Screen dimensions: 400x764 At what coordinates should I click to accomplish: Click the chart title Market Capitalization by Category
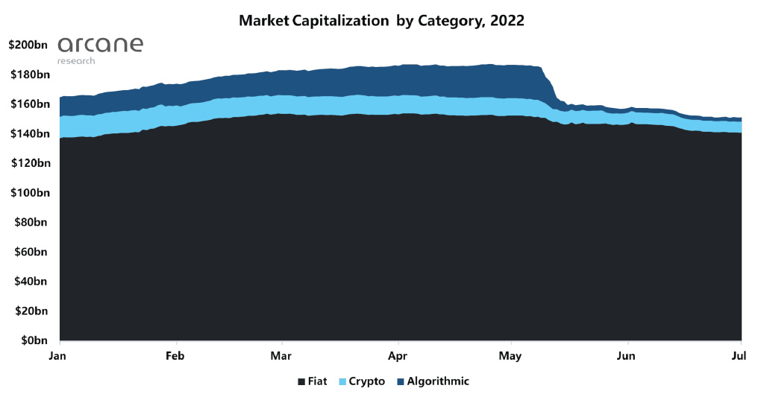tap(381, 21)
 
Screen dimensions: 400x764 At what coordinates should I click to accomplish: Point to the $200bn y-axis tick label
tap(28, 45)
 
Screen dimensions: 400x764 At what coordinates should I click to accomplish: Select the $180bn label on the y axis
tap(28, 74)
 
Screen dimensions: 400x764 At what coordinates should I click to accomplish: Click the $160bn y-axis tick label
tap(28, 104)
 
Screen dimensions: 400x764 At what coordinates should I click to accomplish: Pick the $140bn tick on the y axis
tap(28, 134)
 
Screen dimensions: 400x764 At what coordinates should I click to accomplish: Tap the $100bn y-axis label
tap(28, 193)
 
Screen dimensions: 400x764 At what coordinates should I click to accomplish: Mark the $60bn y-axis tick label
tap(31, 252)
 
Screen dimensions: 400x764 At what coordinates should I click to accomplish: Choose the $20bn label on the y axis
tap(31, 311)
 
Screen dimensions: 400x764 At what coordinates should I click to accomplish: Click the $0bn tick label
tap(34, 340)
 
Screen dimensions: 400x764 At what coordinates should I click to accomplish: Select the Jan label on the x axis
tap(58, 356)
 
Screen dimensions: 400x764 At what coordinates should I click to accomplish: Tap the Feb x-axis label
tap(175, 356)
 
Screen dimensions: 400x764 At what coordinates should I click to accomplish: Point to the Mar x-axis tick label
tap(281, 356)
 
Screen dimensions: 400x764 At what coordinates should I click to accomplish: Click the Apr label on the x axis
tap(398, 356)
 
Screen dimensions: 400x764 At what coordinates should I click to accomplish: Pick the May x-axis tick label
tap(511, 356)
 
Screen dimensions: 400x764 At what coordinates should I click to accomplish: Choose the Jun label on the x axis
tap(627, 356)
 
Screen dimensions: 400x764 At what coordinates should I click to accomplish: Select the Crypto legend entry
tap(361, 381)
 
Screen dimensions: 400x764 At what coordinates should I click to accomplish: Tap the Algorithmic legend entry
tap(433, 381)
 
